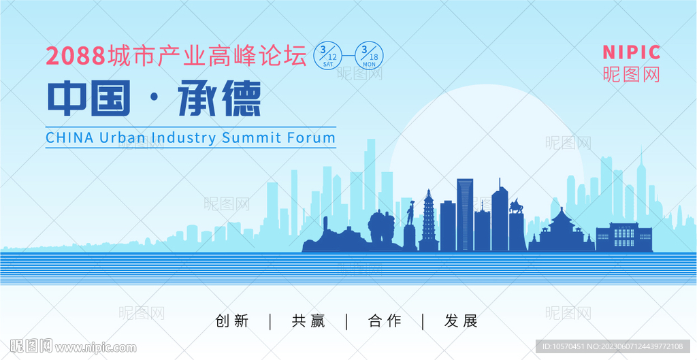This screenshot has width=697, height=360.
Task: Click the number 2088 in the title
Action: tap(76, 56)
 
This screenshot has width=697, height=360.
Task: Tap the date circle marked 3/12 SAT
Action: tap(328, 56)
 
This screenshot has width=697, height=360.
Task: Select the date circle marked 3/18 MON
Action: tap(369, 56)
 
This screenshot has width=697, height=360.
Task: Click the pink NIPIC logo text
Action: tap(631, 52)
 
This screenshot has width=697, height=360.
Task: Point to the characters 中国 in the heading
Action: tap(89, 98)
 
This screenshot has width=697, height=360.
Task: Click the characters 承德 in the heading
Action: tap(218, 98)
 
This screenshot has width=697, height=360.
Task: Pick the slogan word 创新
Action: tap(231, 321)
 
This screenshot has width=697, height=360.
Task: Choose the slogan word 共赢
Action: tap(308, 321)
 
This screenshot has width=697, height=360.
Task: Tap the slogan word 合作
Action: tap(385, 321)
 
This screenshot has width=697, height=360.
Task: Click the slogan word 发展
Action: tap(461, 321)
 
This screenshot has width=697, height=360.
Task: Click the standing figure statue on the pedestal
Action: tap(410, 213)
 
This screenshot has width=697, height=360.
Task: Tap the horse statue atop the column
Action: tap(516, 206)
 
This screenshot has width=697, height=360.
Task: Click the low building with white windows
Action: tap(624, 238)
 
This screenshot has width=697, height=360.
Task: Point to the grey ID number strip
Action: tap(613, 346)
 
